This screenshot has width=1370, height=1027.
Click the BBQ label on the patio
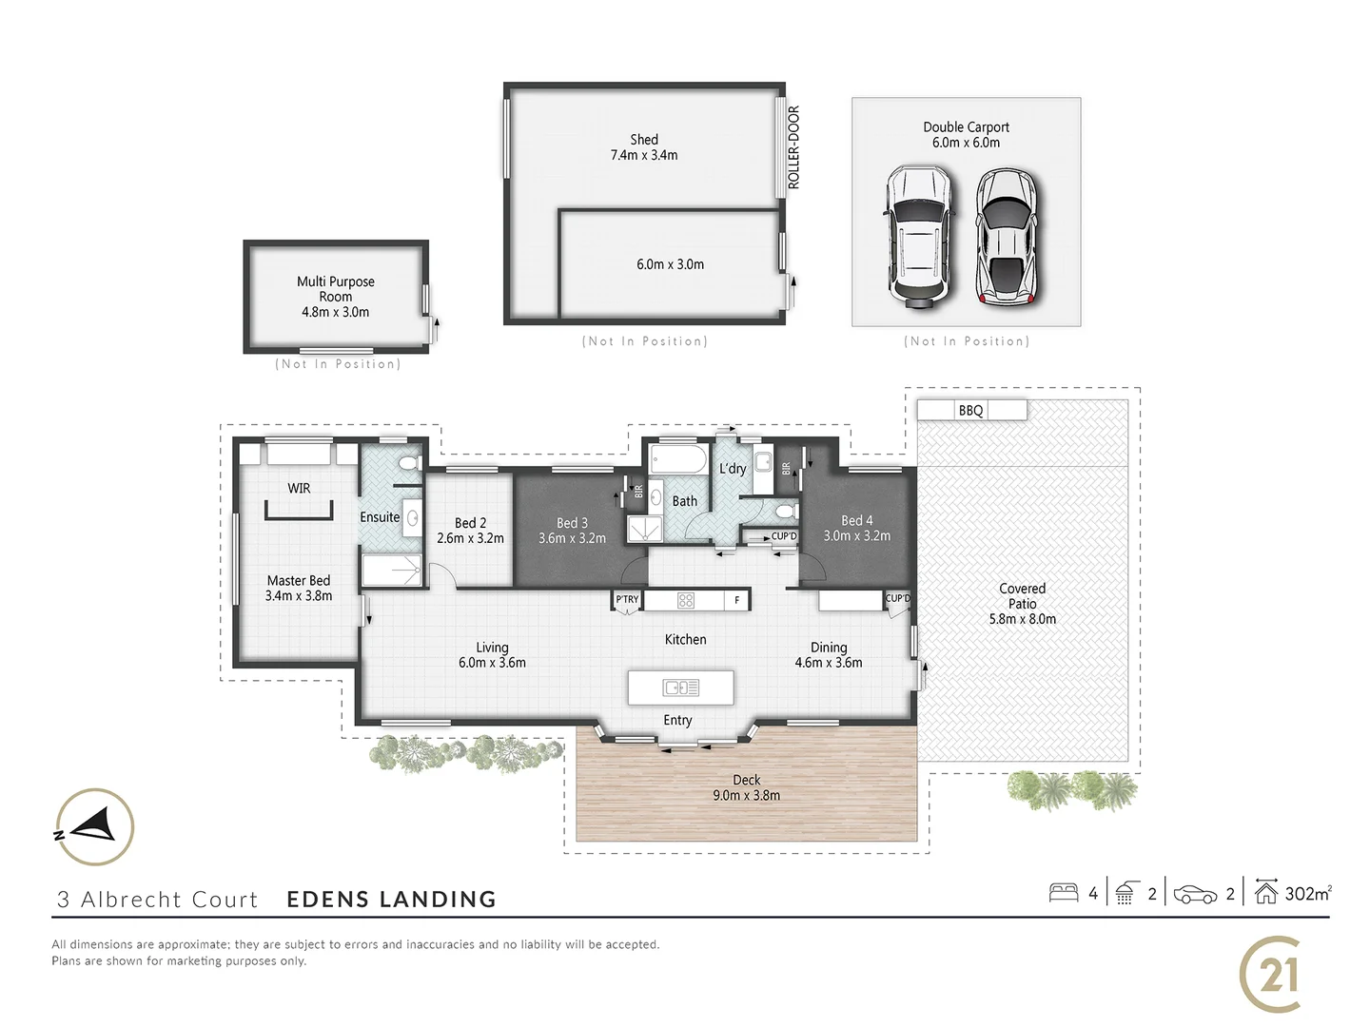pos(970,411)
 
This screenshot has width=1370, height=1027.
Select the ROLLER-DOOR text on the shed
pos(793,147)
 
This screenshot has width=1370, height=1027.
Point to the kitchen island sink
pos(680,687)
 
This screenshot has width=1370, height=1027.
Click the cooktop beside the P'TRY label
pos(685,600)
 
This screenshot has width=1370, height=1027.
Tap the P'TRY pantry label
pos(627,599)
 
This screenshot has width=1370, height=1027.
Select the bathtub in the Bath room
pos(677,462)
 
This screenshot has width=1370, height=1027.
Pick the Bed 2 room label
pos(470,523)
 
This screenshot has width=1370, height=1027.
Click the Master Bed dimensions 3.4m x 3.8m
pos(299,596)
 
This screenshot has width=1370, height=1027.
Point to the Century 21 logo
pos(1271,975)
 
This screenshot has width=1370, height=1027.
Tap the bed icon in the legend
pos(1063,893)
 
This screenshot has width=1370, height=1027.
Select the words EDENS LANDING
pos(391,899)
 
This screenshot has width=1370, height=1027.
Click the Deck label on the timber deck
pos(746,780)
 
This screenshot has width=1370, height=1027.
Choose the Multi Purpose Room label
pos(335,288)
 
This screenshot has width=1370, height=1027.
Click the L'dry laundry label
pos(733,468)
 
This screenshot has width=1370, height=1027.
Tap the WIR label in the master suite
pos(299,488)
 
